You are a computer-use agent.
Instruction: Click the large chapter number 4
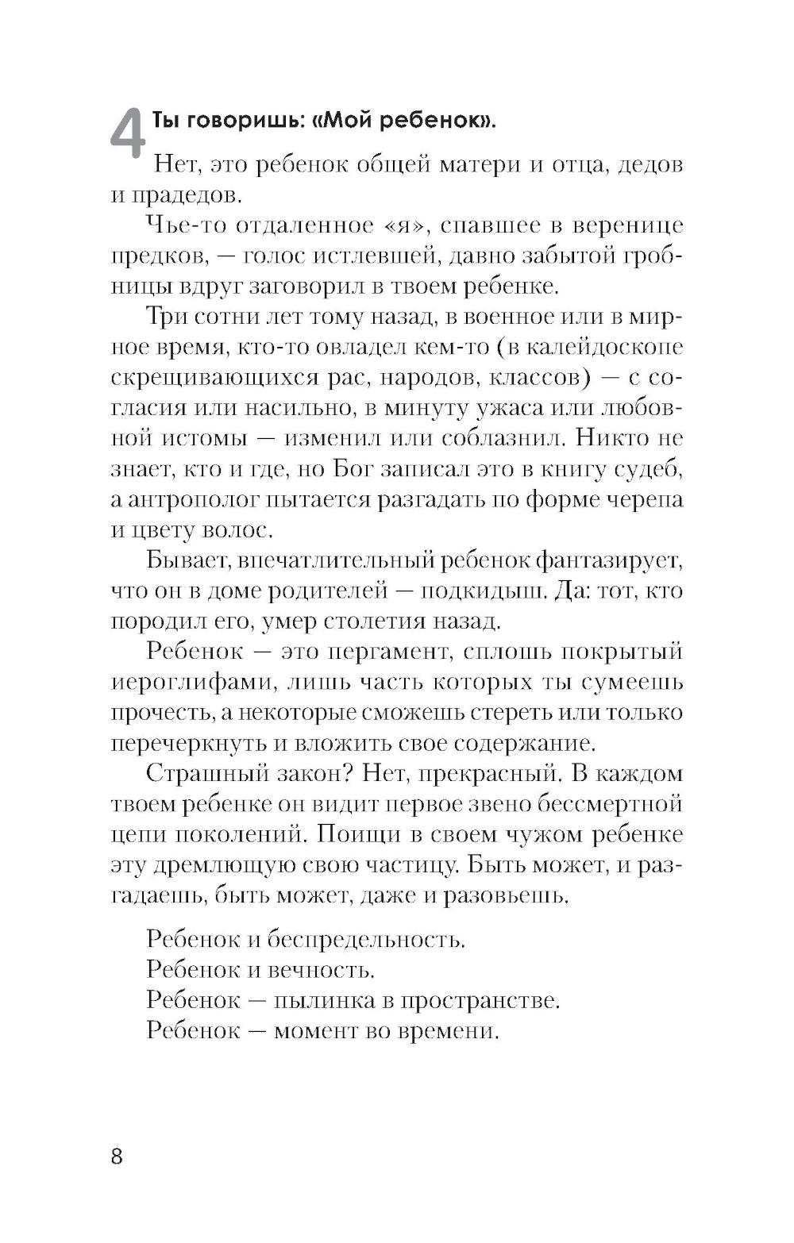coord(126,133)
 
